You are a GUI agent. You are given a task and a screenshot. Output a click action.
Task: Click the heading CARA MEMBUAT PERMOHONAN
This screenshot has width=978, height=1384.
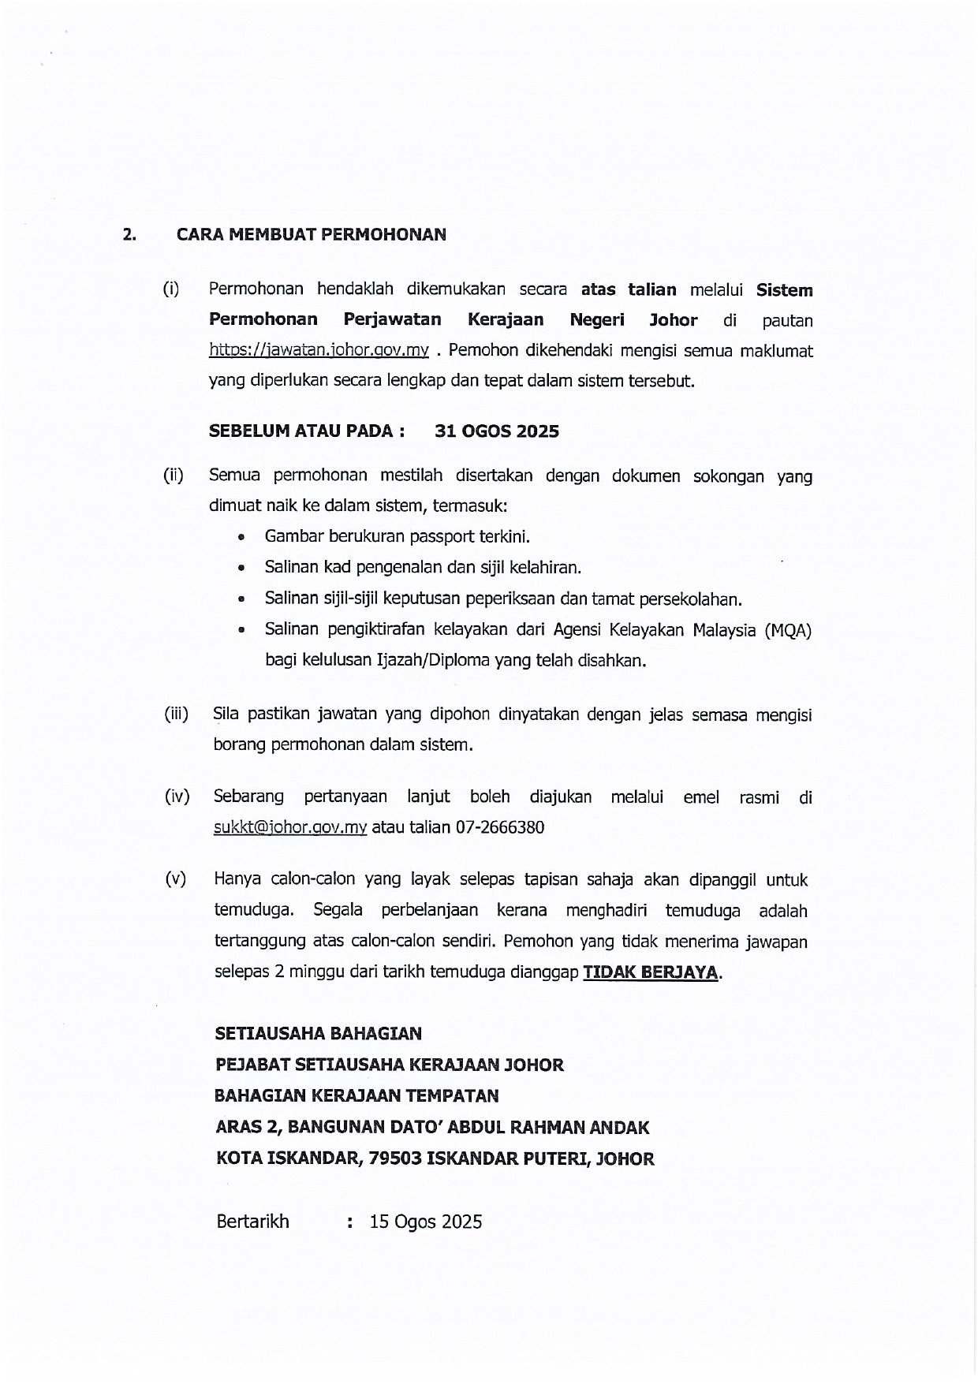(x=311, y=234)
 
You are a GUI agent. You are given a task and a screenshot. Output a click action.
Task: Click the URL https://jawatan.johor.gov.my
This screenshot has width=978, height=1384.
(x=319, y=350)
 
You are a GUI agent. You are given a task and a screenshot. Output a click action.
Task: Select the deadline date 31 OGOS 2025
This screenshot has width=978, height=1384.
(x=497, y=431)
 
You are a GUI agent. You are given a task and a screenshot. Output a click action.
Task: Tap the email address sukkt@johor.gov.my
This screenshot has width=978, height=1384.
(x=290, y=828)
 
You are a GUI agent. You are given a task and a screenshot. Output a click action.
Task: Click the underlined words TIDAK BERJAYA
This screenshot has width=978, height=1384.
(x=651, y=972)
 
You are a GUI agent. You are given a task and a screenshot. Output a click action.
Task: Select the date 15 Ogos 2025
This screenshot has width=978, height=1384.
(x=426, y=1222)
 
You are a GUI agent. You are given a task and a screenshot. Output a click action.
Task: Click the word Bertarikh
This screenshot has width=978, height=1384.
(x=252, y=1222)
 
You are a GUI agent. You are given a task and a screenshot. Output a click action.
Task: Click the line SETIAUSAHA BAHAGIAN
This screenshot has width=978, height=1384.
(x=319, y=1033)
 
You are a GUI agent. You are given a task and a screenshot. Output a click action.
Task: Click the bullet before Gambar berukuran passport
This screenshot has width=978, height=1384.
(x=241, y=538)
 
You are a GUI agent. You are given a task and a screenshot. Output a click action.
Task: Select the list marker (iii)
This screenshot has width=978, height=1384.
(x=176, y=714)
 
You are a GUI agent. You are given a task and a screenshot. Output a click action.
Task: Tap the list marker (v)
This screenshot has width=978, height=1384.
(x=176, y=879)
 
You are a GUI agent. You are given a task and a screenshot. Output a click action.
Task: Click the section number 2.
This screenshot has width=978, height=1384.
(x=129, y=234)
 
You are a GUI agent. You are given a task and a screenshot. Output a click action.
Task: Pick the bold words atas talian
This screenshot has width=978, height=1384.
(x=629, y=289)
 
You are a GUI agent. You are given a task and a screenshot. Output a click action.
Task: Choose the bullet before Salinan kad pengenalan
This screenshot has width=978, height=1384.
(x=241, y=568)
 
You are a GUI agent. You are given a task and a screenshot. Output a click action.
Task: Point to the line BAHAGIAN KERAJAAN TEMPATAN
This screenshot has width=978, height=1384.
(x=357, y=1096)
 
